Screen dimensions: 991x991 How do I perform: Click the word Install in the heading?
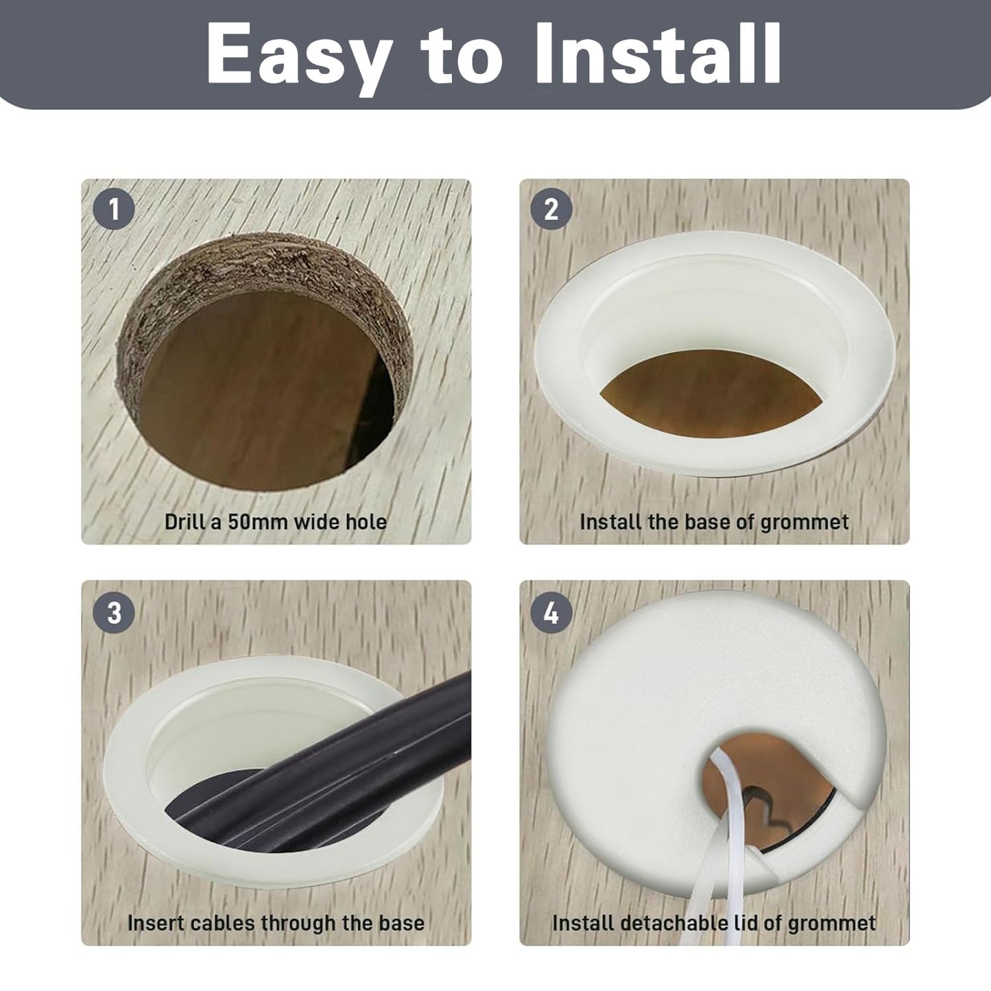point(658,53)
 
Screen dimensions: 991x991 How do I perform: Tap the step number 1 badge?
point(114,209)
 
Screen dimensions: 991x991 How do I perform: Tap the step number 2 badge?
point(551,209)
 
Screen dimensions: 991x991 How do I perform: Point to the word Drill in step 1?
point(184,522)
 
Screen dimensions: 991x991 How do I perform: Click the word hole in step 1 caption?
point(366,522)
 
